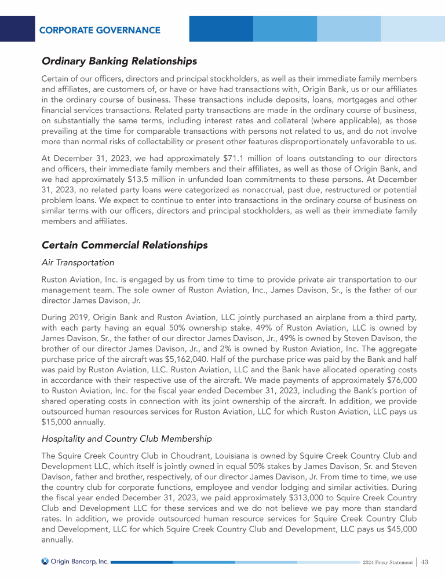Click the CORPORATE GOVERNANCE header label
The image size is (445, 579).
100,30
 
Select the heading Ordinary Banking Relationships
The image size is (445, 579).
119,61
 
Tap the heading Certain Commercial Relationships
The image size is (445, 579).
125,245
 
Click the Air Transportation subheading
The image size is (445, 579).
78,262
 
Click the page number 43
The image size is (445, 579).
424,562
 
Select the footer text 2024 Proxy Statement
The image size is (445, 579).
387,562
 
